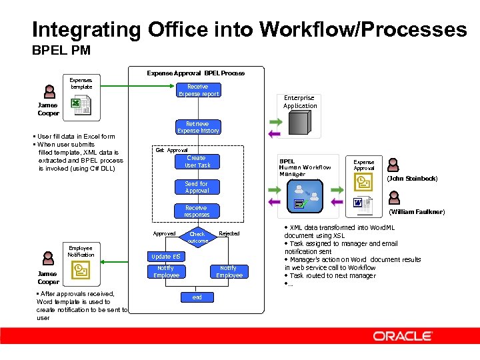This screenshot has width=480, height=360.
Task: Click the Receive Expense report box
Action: pos(197,90)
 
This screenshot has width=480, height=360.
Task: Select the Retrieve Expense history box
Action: pos(197,127)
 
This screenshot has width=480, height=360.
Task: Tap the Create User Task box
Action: pos(197,161)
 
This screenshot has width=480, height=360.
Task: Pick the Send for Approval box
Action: pos(197,187)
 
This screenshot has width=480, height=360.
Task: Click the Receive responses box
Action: pos(197,211)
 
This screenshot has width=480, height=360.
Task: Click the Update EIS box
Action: pos(165,257)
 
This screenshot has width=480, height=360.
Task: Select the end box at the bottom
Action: pos(197,297)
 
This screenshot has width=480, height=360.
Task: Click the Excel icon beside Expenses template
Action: pos(79,104)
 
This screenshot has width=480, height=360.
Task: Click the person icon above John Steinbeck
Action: pos(394,165)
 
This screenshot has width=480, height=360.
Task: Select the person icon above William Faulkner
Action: pos(394,198)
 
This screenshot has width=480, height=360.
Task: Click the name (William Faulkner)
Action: pos(416,212)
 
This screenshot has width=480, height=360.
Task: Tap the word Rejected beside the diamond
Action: pos(229,233)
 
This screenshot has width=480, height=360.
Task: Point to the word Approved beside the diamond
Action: pos(164,233)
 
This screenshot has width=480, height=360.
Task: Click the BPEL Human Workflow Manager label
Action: pos(305,167)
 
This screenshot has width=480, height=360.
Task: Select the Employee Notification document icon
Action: pos(81,269)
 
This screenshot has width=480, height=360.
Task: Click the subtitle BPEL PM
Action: pos(61,50)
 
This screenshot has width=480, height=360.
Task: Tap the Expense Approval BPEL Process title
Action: pos(195,73)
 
